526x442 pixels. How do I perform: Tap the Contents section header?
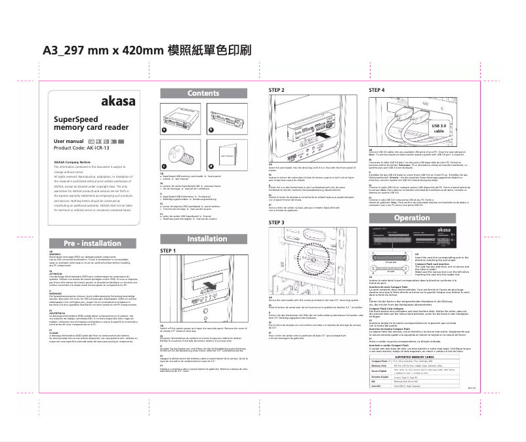tap(203, 94)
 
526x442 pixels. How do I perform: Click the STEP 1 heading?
tap(169, 251)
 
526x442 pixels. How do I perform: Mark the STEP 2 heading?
tap(277, 89)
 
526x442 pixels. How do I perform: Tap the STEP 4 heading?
tap(376, 89)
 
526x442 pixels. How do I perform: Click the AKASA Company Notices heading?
tap(71, 161)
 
